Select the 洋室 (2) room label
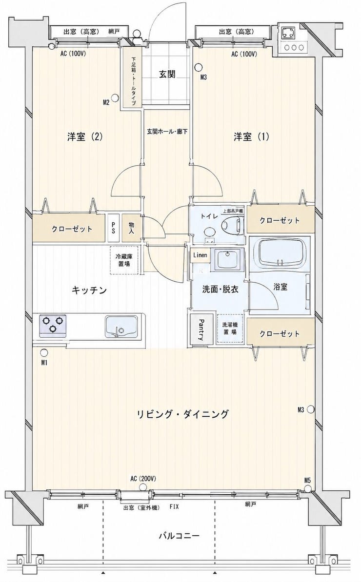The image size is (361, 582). point(85,136)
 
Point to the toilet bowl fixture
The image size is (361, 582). point(232,225)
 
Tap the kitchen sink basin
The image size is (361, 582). point(122,327)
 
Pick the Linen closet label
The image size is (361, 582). point(200,255)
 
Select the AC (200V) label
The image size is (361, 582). point(143,478)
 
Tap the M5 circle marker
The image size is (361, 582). point(307,487)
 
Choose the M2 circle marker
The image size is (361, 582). point(116,98)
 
